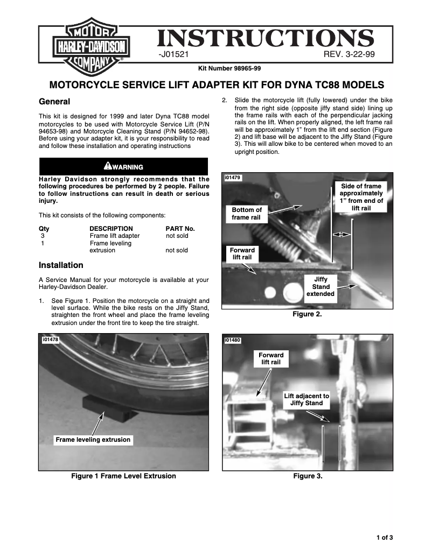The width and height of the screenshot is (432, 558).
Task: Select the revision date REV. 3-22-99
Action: click(349, 55)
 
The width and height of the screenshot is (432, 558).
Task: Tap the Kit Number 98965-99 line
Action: click(229, 68)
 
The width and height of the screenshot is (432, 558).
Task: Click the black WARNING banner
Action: click(123, 166)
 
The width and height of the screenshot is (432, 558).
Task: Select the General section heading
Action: click(54, 102)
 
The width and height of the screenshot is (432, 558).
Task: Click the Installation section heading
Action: click(61, 265)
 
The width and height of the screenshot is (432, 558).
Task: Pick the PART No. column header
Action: click(180, 228)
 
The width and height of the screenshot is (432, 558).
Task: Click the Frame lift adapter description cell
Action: click(114, 236)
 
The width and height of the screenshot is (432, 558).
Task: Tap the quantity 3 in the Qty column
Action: click(43, 236)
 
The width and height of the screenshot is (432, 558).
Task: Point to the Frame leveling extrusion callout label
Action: click(93, 440)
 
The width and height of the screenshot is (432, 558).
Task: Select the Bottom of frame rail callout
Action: click(246, 214)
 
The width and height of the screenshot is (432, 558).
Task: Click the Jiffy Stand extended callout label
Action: click(320, 287)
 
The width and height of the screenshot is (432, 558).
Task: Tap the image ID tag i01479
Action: click(233, 178)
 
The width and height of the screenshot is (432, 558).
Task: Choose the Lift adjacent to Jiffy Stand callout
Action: click(306, 399)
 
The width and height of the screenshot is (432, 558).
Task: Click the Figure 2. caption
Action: click(307, 314)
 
